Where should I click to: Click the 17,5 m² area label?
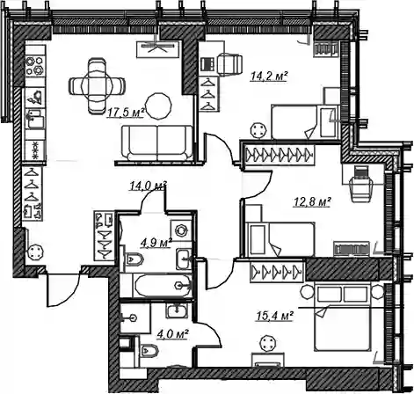(x=127, y=112)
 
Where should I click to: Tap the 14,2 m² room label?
(x=269, y=76)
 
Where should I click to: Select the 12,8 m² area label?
(x=312, y=201)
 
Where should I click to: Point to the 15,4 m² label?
(x=275, y=316)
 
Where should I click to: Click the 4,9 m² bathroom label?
(x=156, y=243)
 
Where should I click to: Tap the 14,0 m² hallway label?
(x=148, y=186)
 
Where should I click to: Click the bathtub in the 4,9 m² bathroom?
(x=163, y=286)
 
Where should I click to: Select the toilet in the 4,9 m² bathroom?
(x=134, y=259)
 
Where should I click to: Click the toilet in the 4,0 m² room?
(x=149, y=350)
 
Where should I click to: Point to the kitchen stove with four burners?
(x=35, y=66)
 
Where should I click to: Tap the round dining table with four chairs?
(x=97, y=85)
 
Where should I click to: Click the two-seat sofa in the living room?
(x=157, y=142)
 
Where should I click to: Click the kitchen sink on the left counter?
(x=35, y=119)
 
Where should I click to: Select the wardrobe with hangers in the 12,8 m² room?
(x=279, y=153)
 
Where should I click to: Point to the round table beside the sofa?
(x=158, y=106)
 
